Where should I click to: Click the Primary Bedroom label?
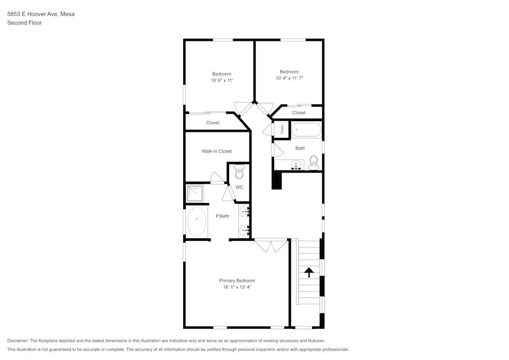pyautogui.click(x=237, y=281)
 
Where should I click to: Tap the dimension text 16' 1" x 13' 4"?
pyautogui.click(x=237, y=287)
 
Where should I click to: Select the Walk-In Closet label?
pyautogui.click(x=216, y=151)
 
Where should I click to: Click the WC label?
pyautogui.click(x=239, y=187)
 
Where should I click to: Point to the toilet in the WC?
pyautogui.click(x=239, y=174)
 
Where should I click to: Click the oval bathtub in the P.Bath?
pyautogui.click(x=197, y=223)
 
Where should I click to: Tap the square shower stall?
pyautogui.click(x=195, y=193)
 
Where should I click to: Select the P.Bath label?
pyautogui.click(x=222, y=216)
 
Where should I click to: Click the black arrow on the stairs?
pyautogui.click(x=308, y=272)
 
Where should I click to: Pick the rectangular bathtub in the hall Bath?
pyautogui.click(x=306, y=130)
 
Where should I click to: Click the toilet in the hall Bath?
pyautogui.click(x=314, y=162)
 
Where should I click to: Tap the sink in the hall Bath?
pyautogui.click(x=296, y=165)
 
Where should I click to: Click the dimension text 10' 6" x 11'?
pyautogui.click(x=221, y=80)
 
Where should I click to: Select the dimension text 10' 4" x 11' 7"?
pyautogui.click(x=289, y=78)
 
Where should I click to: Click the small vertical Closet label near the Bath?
pyautogui.click(x=281, y=129)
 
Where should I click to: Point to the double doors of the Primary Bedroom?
pyautogui.click(x=271, y=246)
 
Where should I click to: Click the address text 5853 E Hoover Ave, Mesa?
pyautogui.click(x=41, y=14)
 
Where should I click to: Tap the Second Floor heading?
pyautogui.click(x=24, y=23)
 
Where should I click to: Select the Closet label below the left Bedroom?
pyautogui.click(x=213, y=123)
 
